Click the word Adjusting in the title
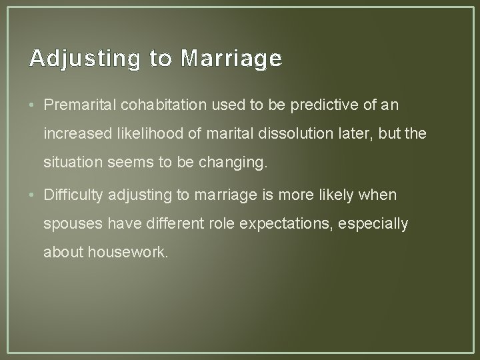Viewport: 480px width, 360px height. click(85, 60)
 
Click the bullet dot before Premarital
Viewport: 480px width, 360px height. click(33, 105)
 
